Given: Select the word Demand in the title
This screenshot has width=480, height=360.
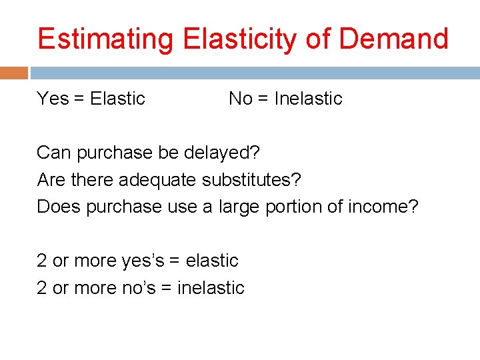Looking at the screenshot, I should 393,39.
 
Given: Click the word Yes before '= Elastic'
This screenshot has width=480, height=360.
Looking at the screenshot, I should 53,99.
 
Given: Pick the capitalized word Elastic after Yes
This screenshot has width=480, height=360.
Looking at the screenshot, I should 117,99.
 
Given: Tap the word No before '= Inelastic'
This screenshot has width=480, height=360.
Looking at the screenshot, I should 241,99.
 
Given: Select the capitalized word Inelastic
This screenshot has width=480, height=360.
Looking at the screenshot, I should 308,99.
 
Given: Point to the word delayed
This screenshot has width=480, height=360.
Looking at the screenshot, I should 227,153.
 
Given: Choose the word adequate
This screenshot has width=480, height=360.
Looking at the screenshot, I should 149,180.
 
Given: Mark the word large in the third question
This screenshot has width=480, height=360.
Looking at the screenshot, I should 239,207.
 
